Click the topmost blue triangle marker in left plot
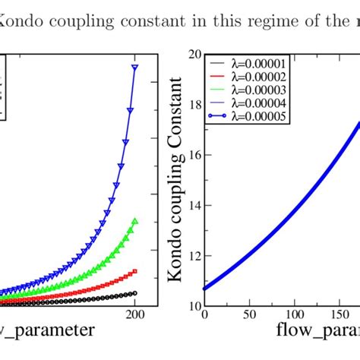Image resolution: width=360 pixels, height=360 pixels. [134, 68]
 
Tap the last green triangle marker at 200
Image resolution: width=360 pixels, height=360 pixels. [134, 221]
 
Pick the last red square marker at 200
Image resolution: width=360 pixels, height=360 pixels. [134, 271]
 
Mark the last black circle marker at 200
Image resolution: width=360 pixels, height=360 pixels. [134, 293]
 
